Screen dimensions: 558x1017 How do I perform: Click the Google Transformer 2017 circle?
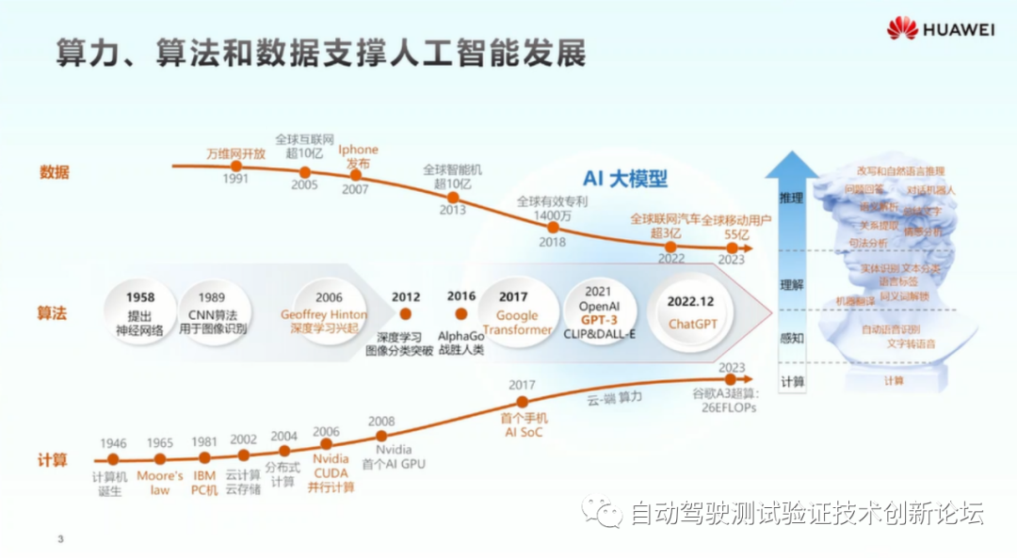click(516, 312)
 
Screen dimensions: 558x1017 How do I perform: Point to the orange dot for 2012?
click(407, 313)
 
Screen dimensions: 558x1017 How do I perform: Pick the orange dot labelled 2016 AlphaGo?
click(461, 313)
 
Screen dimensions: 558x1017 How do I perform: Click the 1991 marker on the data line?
click(237, 167)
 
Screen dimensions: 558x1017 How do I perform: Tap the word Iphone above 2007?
click(358, 150)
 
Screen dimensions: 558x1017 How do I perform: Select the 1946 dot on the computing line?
click(113, 459)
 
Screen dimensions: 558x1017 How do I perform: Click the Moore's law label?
click(159, 476)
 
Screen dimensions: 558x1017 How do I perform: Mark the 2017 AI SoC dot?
click(523, 402)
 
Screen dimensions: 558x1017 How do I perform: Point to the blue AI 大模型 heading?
click(624, 179)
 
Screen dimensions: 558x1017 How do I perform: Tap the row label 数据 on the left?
click(54, 172)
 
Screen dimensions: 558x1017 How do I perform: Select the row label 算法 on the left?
click(54, 312)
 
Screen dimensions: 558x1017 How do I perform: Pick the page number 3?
click(60, 539)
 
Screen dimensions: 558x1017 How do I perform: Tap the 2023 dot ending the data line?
click(732, 247)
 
